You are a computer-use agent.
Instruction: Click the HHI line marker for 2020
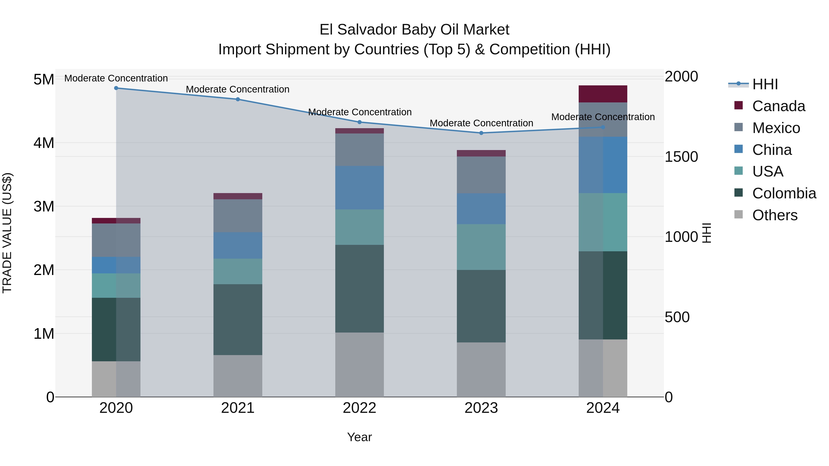point(116,88)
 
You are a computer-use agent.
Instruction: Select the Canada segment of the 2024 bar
point(603,94)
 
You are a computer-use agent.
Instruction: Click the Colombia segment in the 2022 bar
point(359,289)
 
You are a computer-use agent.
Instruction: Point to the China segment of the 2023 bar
point(481,209)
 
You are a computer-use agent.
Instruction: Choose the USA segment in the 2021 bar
point(238,272)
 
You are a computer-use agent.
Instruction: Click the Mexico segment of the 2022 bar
point(359,150)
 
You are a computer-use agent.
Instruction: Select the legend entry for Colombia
point(784,193)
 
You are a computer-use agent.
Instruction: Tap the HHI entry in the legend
point(765,84)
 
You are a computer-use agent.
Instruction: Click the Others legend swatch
point(739,214)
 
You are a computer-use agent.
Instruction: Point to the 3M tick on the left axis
point(44,206)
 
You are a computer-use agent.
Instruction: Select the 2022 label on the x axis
point(359,408)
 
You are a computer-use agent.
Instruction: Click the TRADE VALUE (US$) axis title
point(7,233)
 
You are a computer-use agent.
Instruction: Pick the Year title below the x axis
point(359,437)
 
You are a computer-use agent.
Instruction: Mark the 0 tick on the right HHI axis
point(669,397)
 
